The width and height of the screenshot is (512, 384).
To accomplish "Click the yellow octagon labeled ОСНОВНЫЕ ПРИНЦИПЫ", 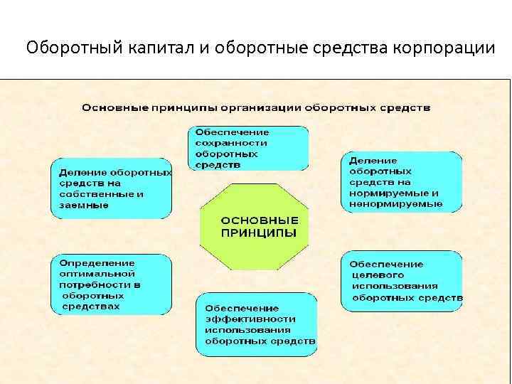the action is pos(255,226).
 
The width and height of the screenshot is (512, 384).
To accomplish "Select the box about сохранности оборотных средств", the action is pos(248,148).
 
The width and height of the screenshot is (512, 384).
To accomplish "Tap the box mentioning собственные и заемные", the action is pos(112,188).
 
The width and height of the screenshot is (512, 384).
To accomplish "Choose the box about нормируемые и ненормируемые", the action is pos(401,182).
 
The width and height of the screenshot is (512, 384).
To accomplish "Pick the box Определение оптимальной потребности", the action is pos(112,284).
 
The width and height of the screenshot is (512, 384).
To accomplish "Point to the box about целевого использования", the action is pos(401,280).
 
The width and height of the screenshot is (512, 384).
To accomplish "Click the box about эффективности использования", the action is pos(256,324).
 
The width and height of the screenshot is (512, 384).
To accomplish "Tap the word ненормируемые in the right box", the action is pos(395,204).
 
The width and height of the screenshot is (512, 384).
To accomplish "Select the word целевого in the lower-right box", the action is pos(377,274).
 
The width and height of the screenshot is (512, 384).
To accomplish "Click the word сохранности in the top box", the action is pos(228,142).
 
